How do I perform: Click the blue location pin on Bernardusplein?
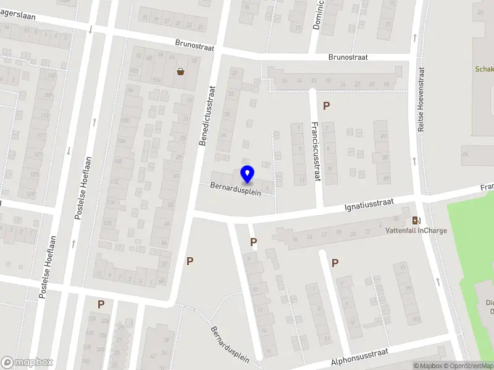coord(247,175)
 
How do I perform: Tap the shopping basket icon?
coord(181,72)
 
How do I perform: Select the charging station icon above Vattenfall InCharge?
coord(416,221)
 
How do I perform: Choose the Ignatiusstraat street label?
coord(370,203)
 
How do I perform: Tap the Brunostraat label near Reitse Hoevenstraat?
coord(348,57)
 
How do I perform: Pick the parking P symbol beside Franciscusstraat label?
coord(326,105)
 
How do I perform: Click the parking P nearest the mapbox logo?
coord(101,304)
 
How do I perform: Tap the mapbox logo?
coord(27,362)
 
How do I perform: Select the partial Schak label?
coord(484,69)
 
